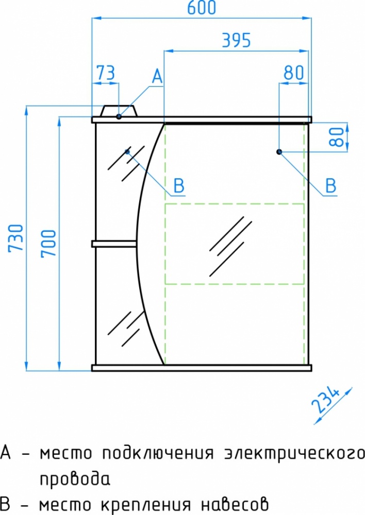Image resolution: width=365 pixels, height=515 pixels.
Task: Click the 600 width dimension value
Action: pyautogui.click(x=202, y=8)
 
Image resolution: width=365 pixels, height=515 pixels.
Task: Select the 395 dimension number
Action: pyautogui.click(x=237, y=40)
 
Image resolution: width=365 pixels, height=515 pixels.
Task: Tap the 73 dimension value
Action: pyautogui.click(x=106, y=73)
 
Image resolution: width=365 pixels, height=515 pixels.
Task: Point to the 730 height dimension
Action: pyautogui.click(x=16, y=238)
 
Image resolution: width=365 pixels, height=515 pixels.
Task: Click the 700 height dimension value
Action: pyautogui.click(x=48, y=244)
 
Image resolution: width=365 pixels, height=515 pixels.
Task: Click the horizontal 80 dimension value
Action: pyautogui.click(x=294, y=73)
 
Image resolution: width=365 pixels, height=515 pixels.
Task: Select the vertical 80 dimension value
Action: pyautogui.click(x=337, y=137)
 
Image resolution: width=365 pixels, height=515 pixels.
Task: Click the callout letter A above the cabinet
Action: pyautogui.click(x=157, y=77)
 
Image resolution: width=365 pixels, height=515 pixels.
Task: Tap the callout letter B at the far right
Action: pyautogui.click(x=331, y=185)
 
